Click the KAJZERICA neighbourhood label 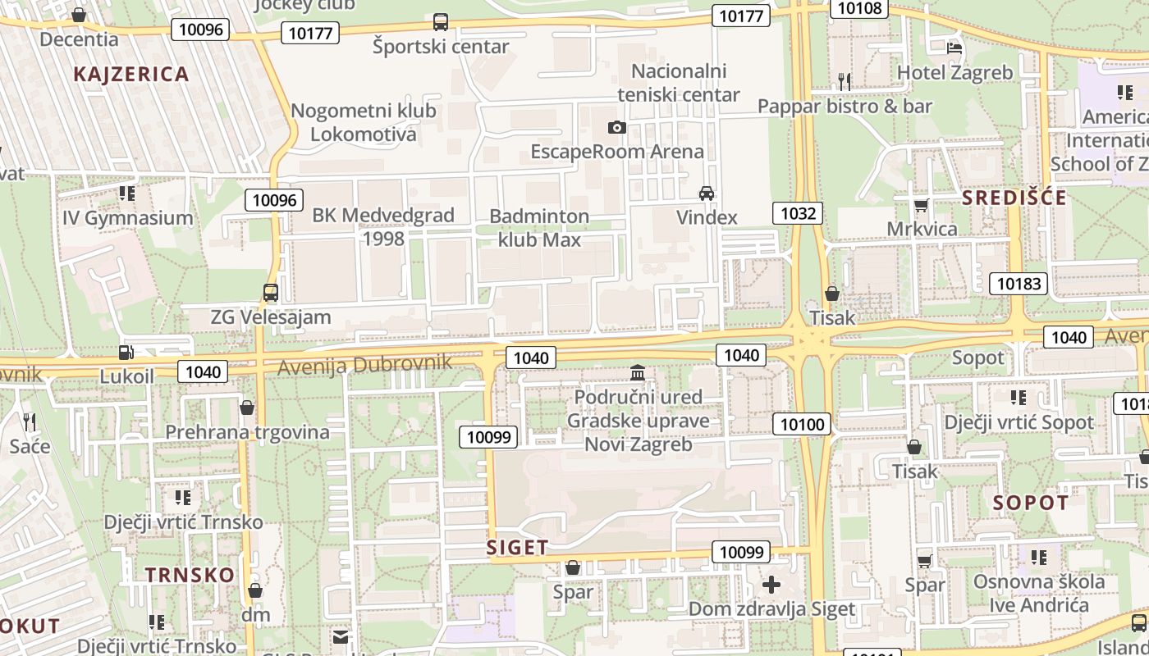coord(131,74)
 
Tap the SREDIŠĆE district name coord(1014,198)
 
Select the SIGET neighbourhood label coord(517,548)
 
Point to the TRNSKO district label coord(190,575)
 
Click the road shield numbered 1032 coord(798,214)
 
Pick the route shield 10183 coord(1019,284)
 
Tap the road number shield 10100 coord(801,424)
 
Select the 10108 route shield coord(859,8)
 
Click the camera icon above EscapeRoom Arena coord(617,127)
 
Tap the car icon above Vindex coord(706,194)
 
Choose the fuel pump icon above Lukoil coord(126,353)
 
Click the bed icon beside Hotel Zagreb coord(954,48)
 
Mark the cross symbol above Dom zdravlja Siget coord(771,585)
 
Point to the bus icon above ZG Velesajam coord(270,293)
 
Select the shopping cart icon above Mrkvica coord(922,204)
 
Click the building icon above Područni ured coord(638,373)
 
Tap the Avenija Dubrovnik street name coord(364,364)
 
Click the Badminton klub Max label coord(539,228)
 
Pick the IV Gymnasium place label coord(128,218)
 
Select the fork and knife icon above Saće coord(30,421)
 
